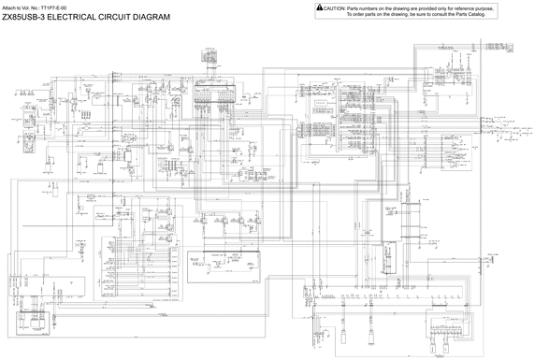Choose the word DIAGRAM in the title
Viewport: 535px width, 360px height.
(153, 17)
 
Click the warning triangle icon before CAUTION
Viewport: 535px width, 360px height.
(320, 7)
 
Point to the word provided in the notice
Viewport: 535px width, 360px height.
(436, 7)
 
